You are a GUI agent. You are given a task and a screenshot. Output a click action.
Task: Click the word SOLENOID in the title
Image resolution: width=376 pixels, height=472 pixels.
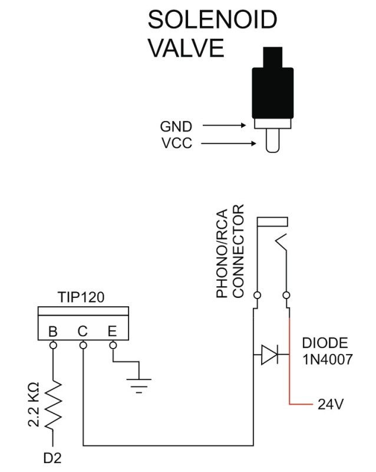pos(212,20)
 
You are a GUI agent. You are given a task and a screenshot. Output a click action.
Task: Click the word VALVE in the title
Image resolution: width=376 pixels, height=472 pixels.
pos(185,48)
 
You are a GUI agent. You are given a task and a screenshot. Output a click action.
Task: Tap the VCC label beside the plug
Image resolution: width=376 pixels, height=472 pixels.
pos(176,143)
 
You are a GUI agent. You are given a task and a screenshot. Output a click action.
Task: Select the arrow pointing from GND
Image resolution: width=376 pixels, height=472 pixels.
pos(223,126)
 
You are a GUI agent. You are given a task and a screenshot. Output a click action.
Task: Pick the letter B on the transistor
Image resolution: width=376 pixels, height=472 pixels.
pos(53,332)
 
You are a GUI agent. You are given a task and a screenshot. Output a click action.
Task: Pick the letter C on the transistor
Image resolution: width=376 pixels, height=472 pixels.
pos(83,332)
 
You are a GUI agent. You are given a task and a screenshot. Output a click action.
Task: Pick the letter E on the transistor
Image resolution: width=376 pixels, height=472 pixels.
pos(112,332)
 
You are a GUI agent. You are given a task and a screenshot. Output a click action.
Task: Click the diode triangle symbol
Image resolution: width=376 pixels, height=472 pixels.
pos(270,355)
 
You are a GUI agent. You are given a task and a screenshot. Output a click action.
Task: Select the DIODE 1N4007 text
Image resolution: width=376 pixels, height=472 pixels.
pos(327,351)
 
